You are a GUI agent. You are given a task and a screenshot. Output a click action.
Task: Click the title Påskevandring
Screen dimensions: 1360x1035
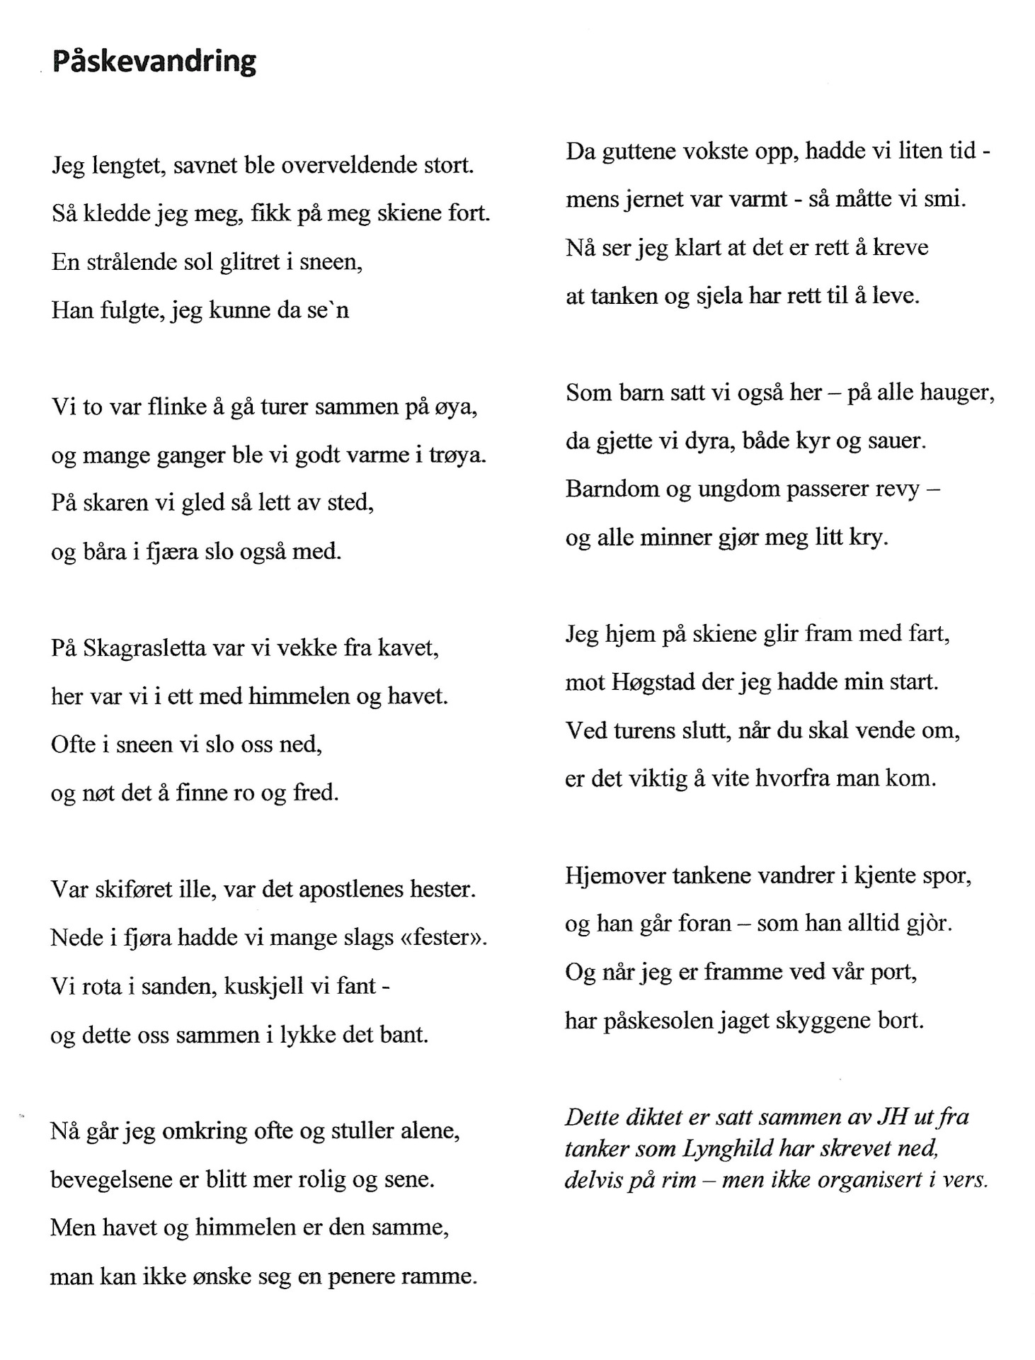coord(154,62)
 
